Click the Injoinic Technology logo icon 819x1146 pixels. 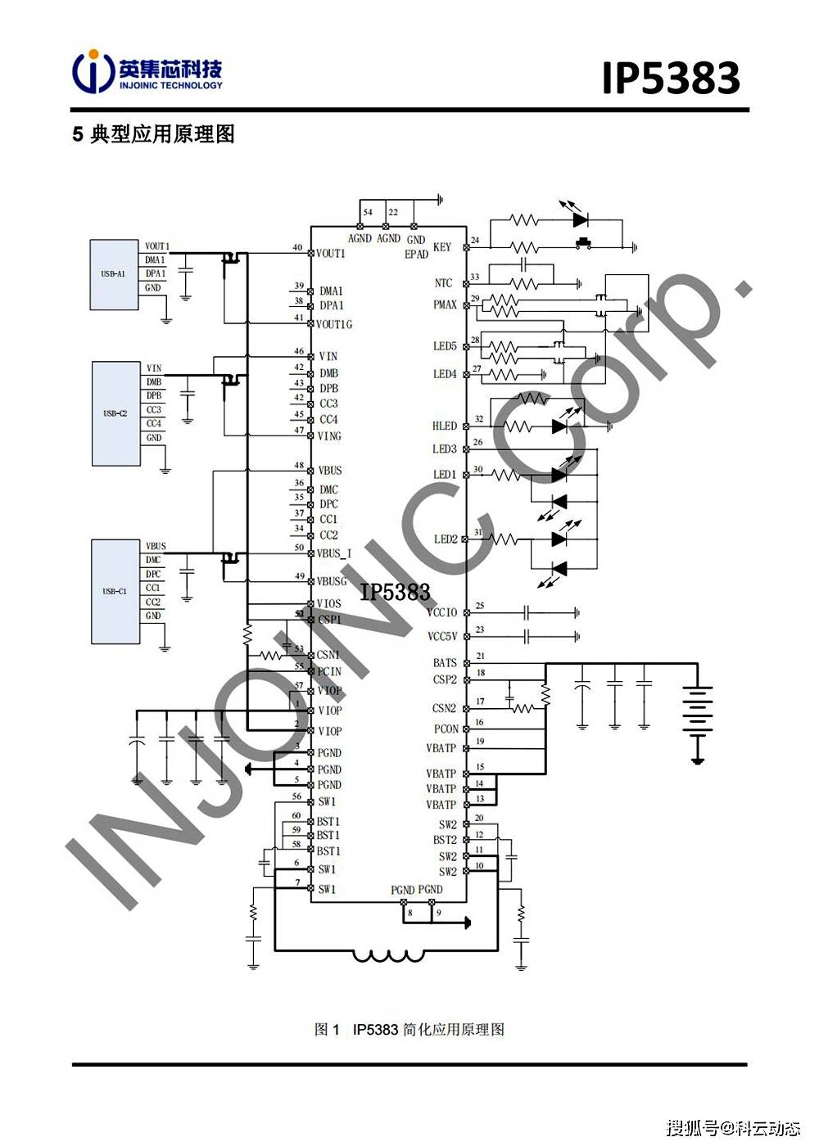[x=92, y=72]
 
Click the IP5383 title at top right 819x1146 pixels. [x=671, y=79]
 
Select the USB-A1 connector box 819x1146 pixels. [x=114, y=274]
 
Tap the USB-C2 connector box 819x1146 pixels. [x=115, y=413]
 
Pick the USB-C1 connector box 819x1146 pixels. [x=115, y=591]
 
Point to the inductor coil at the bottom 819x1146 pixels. [x=388, y=954]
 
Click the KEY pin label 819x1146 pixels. [x=442, y=246]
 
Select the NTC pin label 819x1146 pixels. [x=443, y=283]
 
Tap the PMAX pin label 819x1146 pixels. [x=445, y=305]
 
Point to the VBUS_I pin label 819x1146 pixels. [x=334, y=553]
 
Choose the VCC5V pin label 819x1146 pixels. [x=442, y=636]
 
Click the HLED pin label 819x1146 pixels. [x=445, y=426]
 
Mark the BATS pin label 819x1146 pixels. [x=445, y=662]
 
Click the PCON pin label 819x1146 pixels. [x=446, y=729]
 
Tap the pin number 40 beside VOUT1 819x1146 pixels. [x=297, y=247]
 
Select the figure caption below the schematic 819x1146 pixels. [x=409, y=1030]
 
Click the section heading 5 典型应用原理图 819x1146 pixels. [x=154, y=134]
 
